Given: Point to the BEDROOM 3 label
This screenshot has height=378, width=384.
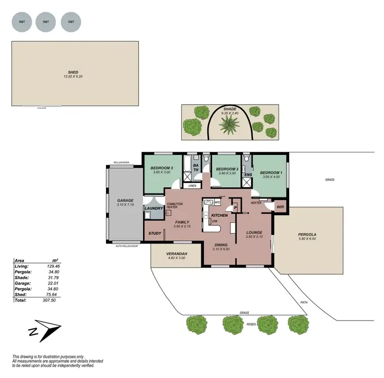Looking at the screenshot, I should [161, 168].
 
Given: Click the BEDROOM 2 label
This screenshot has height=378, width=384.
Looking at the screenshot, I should [227, 169].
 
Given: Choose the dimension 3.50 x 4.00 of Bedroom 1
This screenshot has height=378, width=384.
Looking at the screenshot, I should [271, 177].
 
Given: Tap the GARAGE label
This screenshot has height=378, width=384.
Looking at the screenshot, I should [125, 201].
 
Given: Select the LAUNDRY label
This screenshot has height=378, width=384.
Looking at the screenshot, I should [154, 208].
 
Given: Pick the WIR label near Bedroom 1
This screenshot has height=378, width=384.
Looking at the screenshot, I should [280, 207].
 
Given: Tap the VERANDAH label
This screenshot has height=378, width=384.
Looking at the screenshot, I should [177, 254].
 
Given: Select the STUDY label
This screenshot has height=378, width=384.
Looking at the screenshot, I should [155, 233].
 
